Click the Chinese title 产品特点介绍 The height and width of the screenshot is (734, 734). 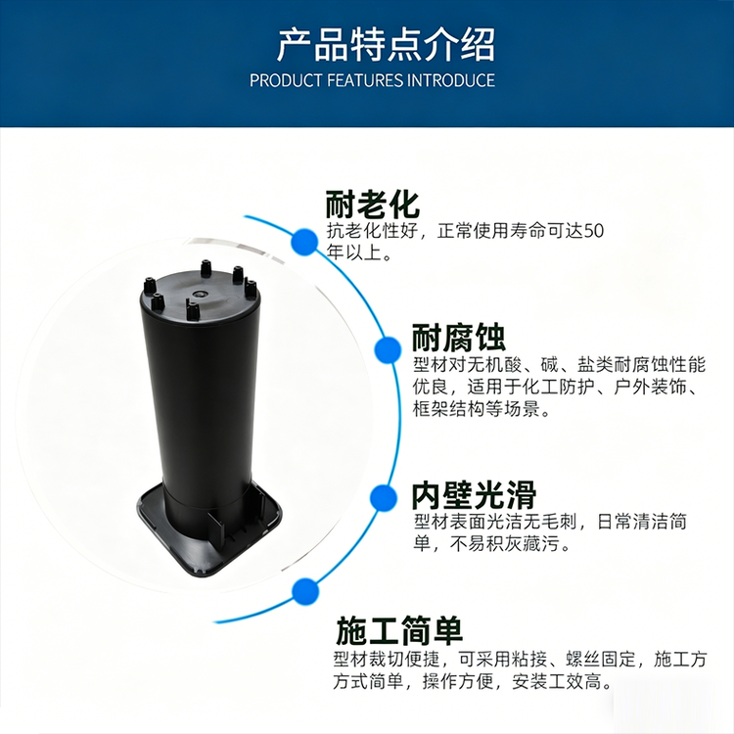click(386, 45)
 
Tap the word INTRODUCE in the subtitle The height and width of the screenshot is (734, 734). click(451, 80)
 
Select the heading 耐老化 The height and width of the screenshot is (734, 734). click(372, 205)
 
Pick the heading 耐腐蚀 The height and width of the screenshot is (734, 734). click(459, 338)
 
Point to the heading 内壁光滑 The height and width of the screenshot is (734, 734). click(475, 495)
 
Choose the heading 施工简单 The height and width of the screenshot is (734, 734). click(399, 631)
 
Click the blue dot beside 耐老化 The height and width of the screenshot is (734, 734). click(304, 242)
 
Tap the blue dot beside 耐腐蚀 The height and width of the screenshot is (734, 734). click(389, 349)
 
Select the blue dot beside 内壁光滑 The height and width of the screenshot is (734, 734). click(383, 497)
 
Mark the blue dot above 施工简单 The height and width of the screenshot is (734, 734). click(305, 592)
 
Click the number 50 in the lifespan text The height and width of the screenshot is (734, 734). click(594, 231)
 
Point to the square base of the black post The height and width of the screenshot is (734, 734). click(209, 529)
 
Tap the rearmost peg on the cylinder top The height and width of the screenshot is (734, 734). click(206, 268)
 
